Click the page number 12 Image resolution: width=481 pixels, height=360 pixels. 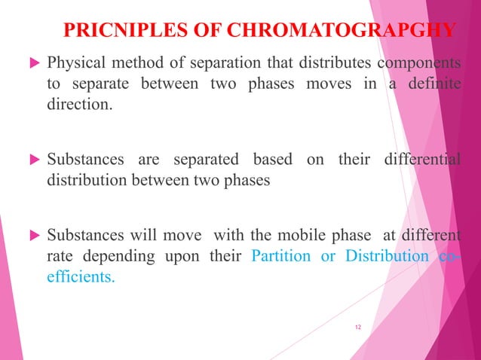[358, 325]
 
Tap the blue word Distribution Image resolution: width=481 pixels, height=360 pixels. [387, 255]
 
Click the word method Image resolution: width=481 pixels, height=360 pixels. [139, 61]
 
